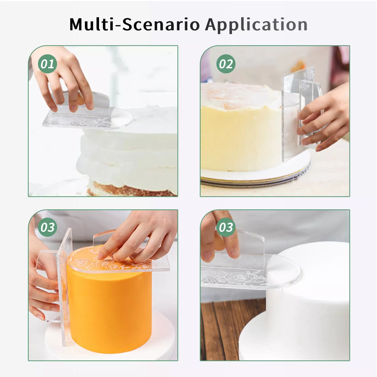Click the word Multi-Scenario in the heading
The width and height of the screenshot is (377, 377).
[x=134, y=25]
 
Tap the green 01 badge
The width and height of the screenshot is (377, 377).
[x=48, y=64]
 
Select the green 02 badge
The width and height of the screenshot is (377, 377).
[x=226, y=64]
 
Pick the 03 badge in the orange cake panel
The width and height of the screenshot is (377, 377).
[x=48, y=227]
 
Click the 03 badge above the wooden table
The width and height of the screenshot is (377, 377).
[x=226, y=227]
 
